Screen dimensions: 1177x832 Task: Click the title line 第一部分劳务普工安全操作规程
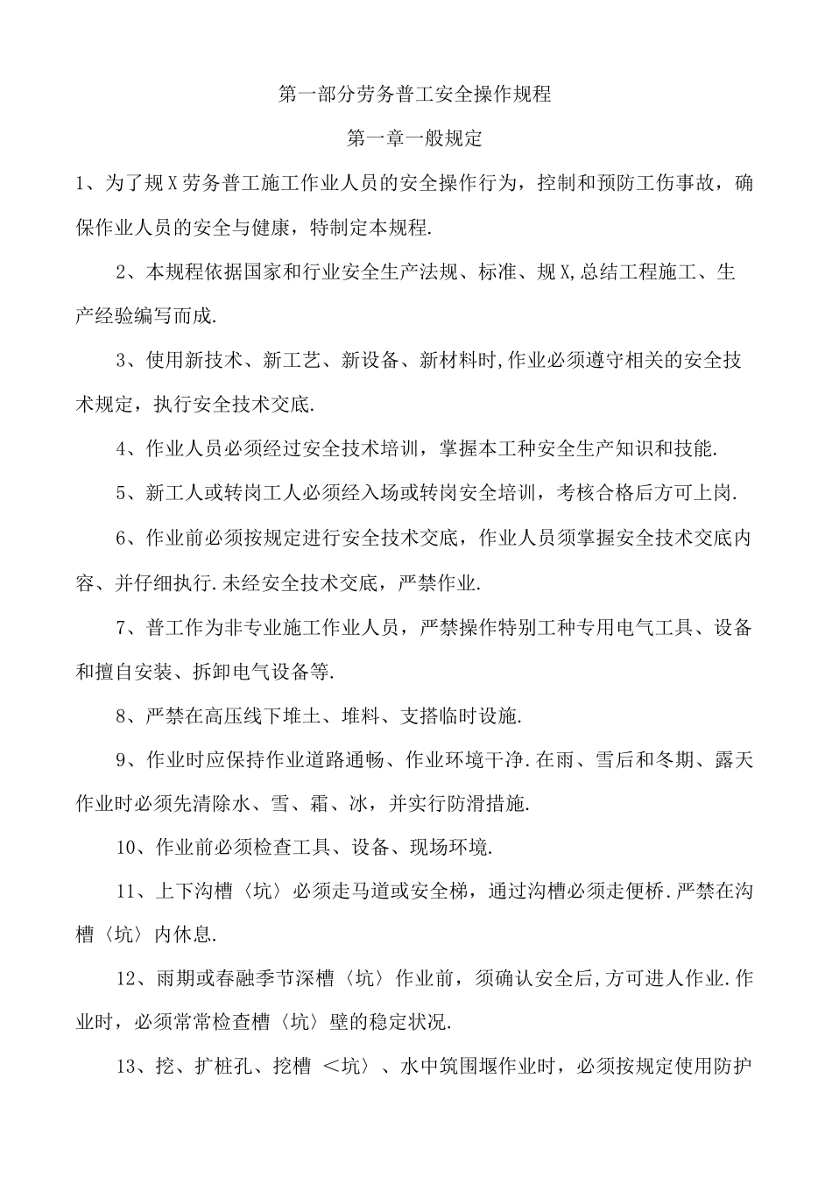pyautogui.click(x=414, y=94)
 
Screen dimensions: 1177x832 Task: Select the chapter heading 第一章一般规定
pyautogui.click(x=414, y=138)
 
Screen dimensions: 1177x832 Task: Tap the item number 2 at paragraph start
pyautogui.click(x=122, y=272)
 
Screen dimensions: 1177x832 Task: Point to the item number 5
pyautogui.click(x=122, y=493)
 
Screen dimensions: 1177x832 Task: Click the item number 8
pyautogui.click(x=122, y=715)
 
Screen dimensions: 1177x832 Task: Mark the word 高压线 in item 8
pyautogui.click(x=237, y=715)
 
